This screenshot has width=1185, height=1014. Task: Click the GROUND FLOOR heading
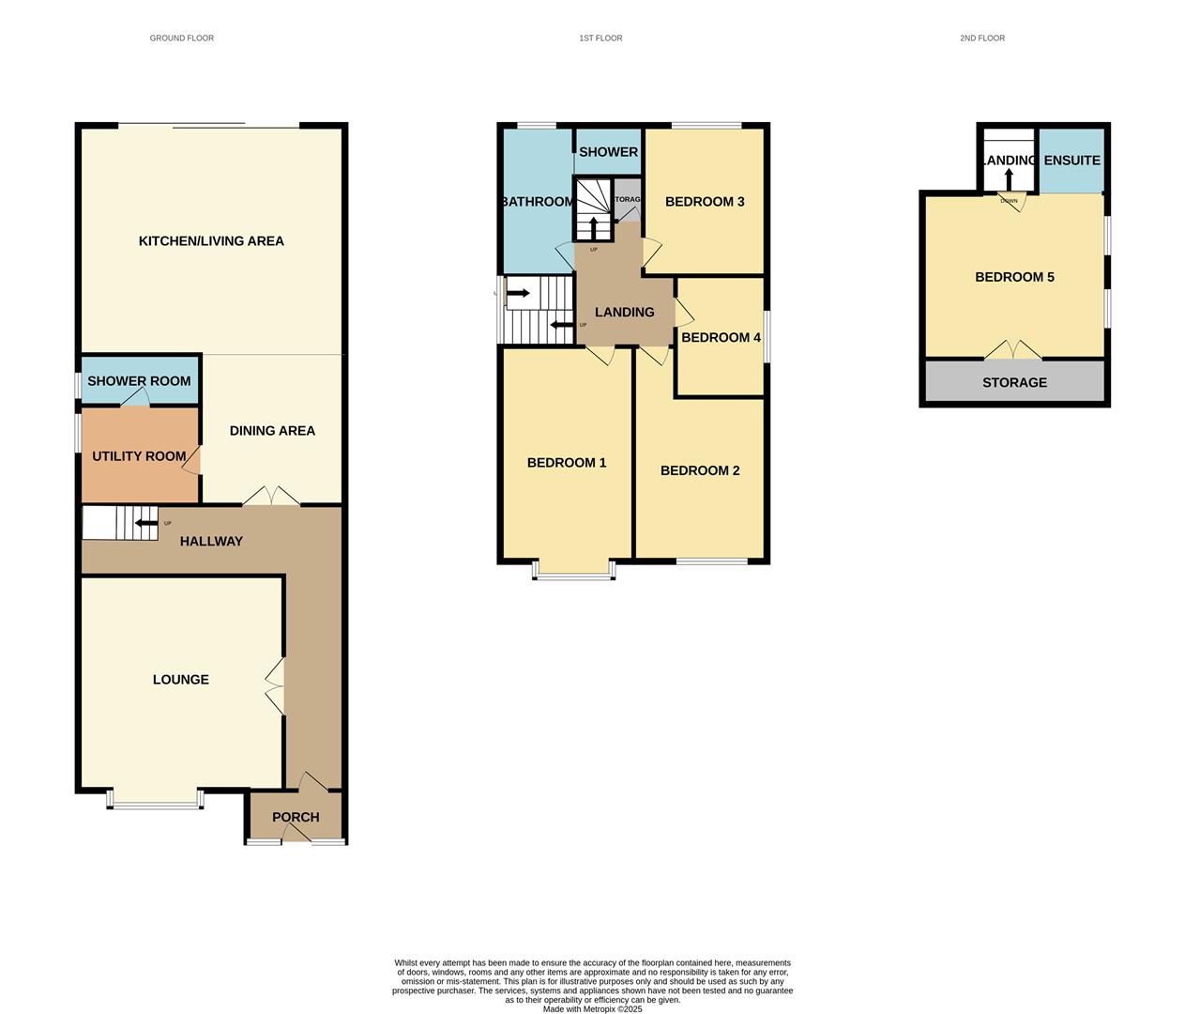182,38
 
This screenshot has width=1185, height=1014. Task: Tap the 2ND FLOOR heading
981,38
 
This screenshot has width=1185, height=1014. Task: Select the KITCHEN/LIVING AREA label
211,241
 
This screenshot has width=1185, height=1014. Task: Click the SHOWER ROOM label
139,381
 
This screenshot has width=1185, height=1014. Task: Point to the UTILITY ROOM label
139,456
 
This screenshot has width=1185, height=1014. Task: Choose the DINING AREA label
272,431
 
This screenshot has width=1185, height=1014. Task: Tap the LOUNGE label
181,680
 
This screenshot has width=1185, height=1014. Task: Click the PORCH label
296,818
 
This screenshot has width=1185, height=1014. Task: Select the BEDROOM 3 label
705,202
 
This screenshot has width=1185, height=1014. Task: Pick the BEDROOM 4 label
721,338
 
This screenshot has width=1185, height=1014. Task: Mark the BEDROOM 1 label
567,463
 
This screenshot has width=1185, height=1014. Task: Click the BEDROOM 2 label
700,470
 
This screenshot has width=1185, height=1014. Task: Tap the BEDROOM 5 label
1014,277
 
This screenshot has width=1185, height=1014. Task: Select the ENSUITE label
1071,161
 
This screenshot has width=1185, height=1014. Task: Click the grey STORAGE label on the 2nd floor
1014,383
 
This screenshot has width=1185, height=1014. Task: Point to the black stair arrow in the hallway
144,524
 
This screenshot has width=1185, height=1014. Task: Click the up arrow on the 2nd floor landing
1009,178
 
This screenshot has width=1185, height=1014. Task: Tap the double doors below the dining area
272,498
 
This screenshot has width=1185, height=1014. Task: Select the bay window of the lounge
155,800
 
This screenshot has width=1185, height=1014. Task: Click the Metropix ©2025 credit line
593,1009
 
